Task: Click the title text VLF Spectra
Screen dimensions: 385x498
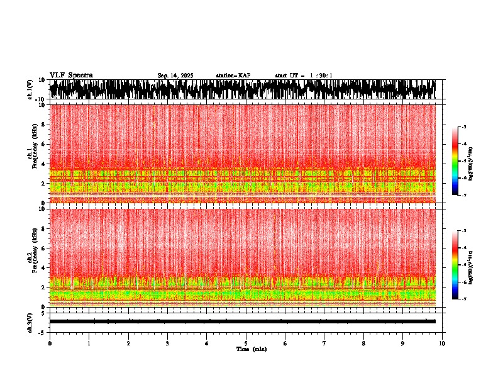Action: [x=71, y=75]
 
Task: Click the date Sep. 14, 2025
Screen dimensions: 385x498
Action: [x=175, y=75]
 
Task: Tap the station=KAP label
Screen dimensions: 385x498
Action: [x=233, y=75]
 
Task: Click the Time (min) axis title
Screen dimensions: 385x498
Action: [x=251, y=349]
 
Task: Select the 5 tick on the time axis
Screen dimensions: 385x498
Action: [x=246, y=343]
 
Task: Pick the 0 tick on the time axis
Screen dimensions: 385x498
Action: [x=50, y=343]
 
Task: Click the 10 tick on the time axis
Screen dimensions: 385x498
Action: [x=442, y=343]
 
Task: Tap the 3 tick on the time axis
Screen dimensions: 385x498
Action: [x=167, y=343]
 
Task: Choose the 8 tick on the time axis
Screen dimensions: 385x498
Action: [x=363, y=343]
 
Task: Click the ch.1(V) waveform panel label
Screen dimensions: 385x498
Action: [x=30, y=89]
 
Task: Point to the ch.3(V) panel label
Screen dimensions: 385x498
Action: [x=30, y=321]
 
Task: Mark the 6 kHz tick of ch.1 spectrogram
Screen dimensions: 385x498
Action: [x=44, y=144]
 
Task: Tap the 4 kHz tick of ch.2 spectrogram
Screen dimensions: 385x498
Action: [x=44, y=268]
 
